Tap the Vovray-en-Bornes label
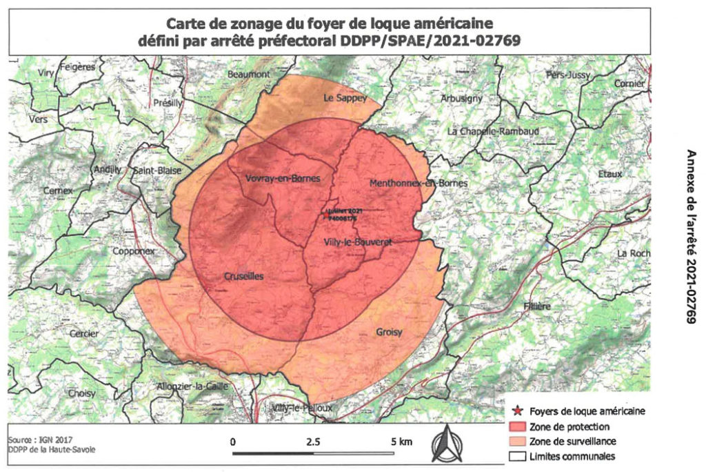point(283,179)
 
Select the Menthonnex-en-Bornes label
point(418,184)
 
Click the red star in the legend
point(518,411)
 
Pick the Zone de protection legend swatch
point(518,426)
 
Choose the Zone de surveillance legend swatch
point(518,441)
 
